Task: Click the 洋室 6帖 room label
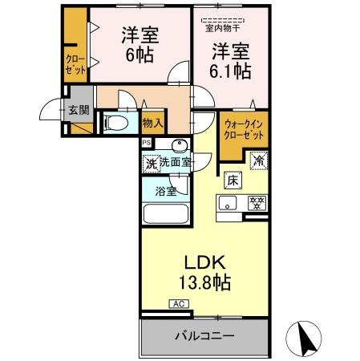coord(139,45)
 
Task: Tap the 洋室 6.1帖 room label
coord(231,61)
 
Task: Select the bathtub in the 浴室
coord(164,215)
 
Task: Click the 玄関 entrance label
coord(78,110)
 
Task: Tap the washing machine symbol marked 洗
coord(151,163)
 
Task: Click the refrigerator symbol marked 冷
coord(259,160)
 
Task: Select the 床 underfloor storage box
coord(232,180)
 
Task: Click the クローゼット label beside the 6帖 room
coord(75,63)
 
